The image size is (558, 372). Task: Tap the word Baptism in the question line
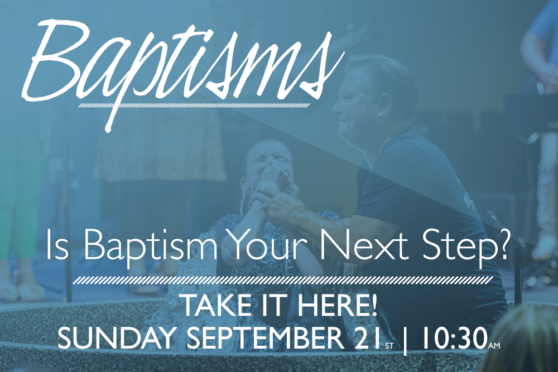[x=151, y=245]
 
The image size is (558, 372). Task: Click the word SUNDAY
[x=117, y=338]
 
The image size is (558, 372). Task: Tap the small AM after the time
[x=494, y=345]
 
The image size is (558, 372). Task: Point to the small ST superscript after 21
[x=388, y=345]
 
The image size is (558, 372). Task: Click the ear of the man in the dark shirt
[x=384, y=104]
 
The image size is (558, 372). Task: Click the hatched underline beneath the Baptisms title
[x=194, y=105]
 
